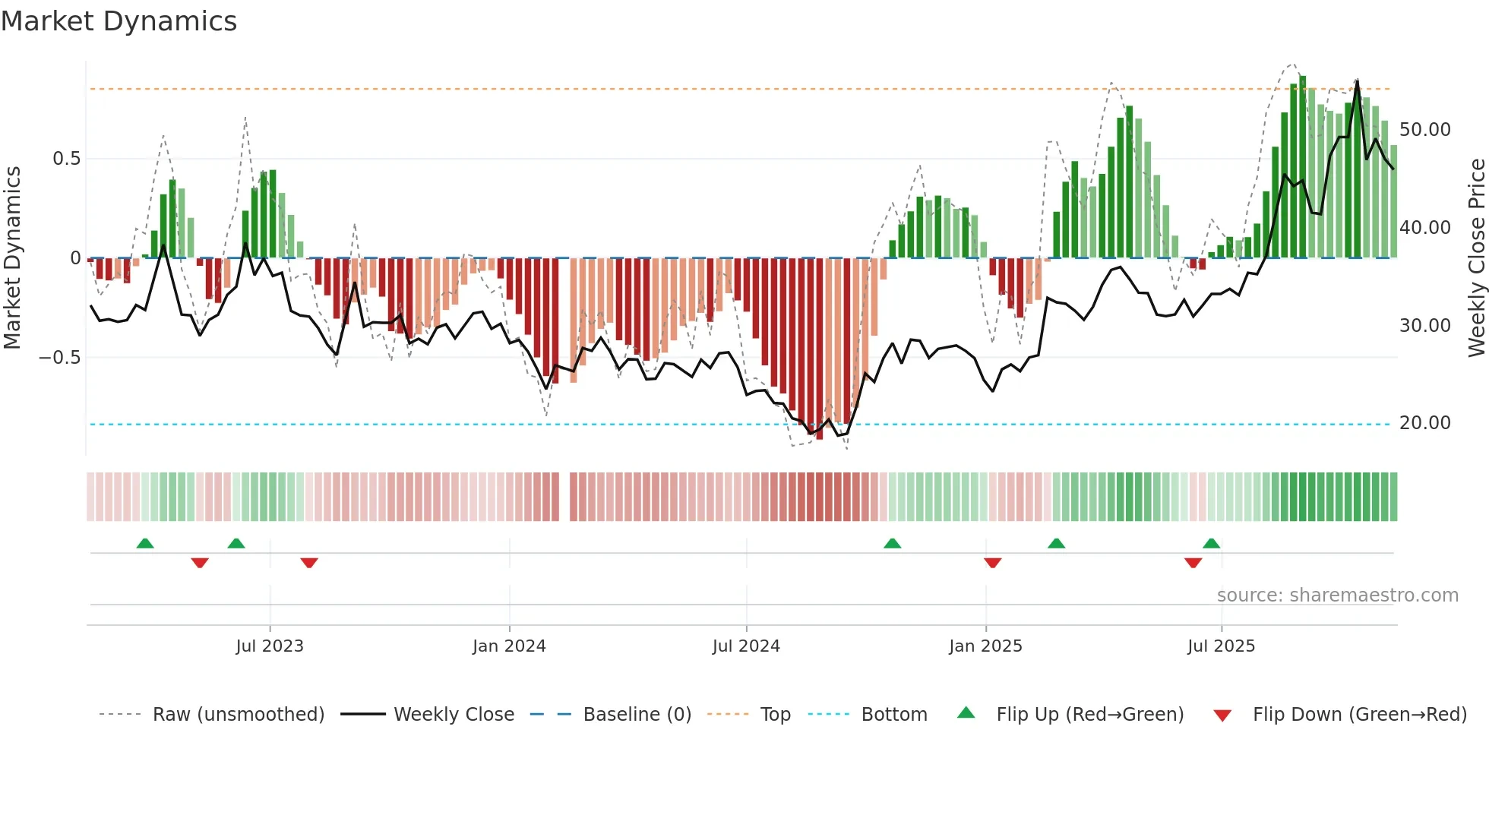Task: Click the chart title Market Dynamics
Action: point(119,21)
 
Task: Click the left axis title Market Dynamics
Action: point(12,257)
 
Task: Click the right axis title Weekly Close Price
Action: point(1476,257)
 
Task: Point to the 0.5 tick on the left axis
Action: point(66,159)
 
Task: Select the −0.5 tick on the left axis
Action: point(60,357)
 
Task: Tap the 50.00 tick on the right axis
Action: point(1424,130)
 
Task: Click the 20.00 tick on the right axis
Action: point(1424,423)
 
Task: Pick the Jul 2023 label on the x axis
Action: point(270,646)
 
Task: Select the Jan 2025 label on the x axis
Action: point(985,646)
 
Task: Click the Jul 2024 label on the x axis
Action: point(746,646)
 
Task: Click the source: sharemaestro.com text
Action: point(1337,595)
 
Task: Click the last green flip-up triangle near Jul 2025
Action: point(1211,544)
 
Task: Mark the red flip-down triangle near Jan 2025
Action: point(992,563)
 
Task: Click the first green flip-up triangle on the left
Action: point(145,544)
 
